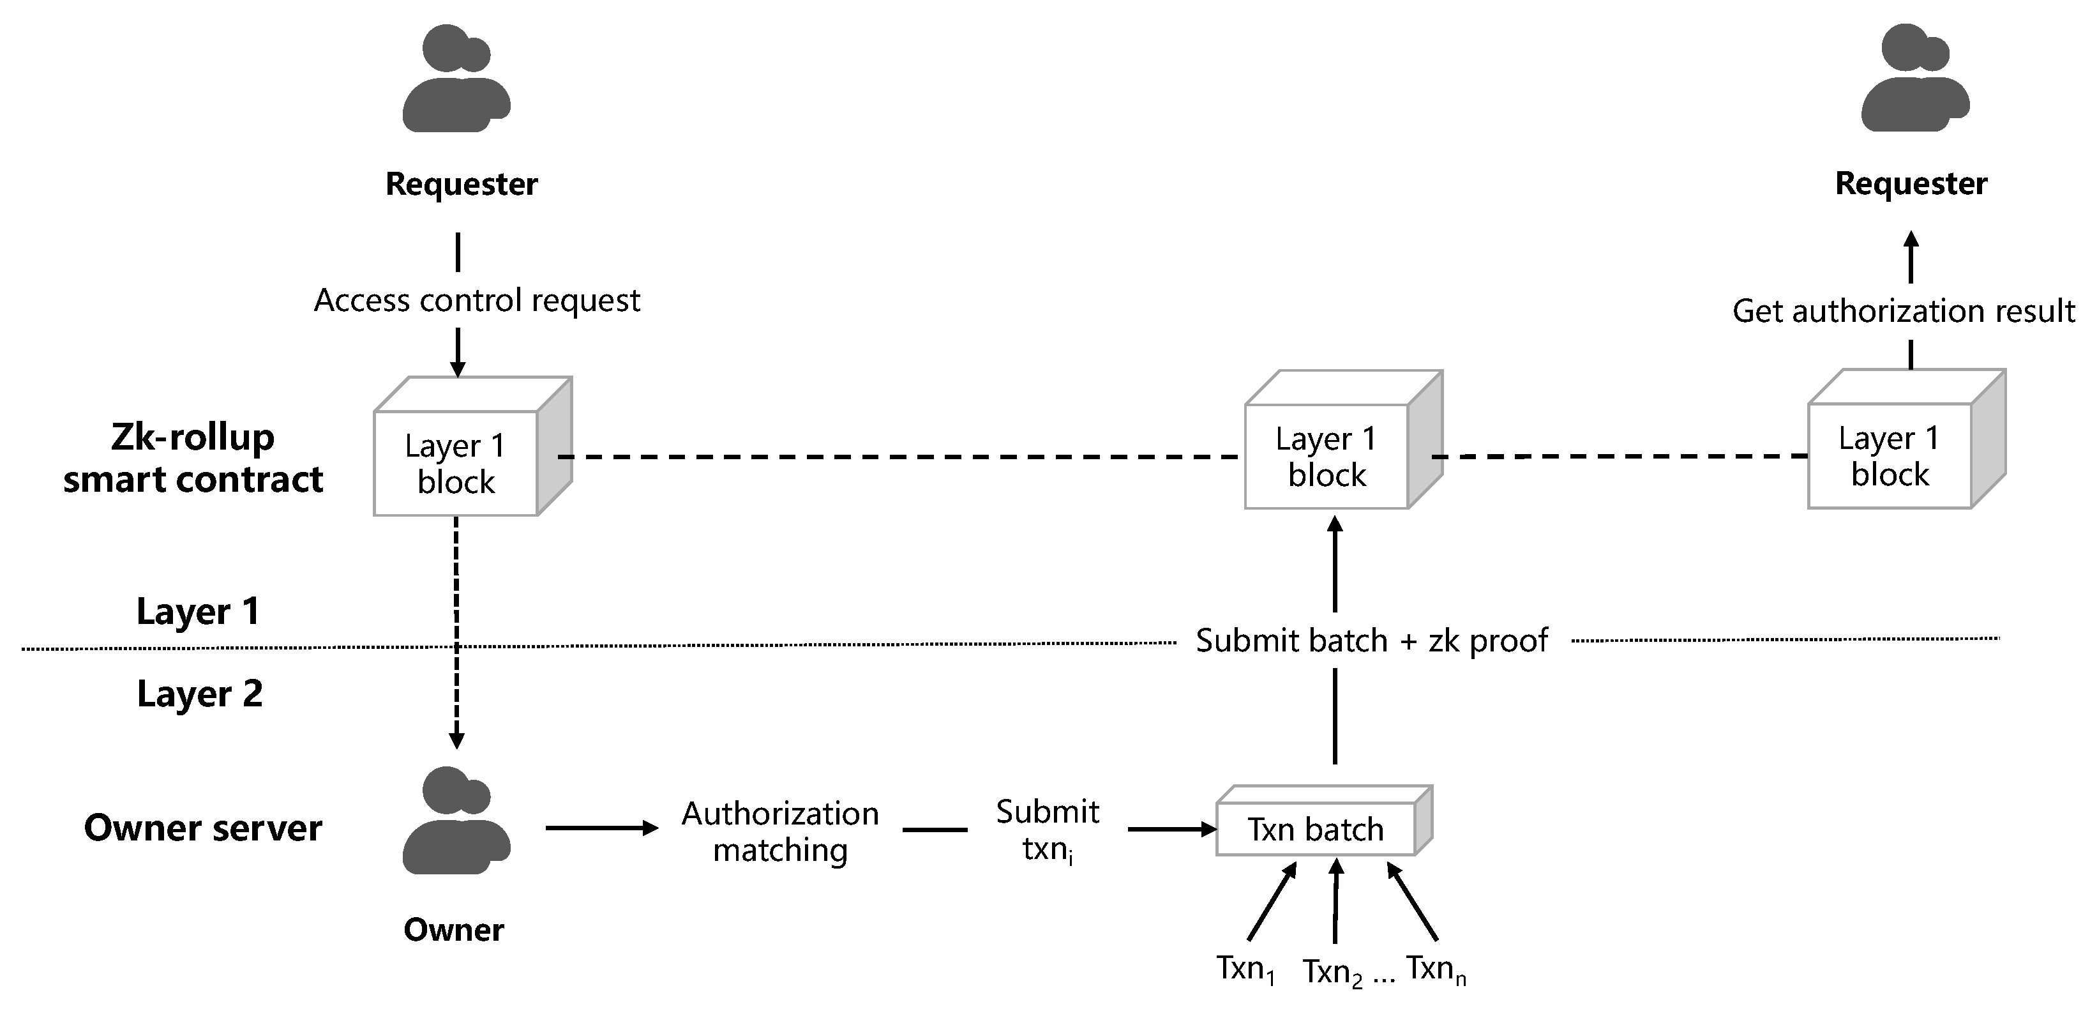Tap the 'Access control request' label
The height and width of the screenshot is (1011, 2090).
pos(477,300)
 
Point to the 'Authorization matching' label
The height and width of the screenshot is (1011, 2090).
pos(779,832)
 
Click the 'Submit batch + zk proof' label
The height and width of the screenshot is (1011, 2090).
pos(1371,640)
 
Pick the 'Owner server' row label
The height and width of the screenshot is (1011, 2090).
pos(203,828)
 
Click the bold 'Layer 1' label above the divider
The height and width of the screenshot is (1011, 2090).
pos(198,611)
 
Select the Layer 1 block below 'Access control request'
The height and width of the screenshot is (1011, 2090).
pos(456,463)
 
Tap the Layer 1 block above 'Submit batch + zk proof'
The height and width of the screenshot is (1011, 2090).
pos(1327,457)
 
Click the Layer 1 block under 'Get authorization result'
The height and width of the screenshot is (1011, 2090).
pos(1890,456)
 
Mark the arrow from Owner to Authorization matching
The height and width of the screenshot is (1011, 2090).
pos(601,828)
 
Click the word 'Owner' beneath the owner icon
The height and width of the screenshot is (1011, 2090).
pos(453,930)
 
